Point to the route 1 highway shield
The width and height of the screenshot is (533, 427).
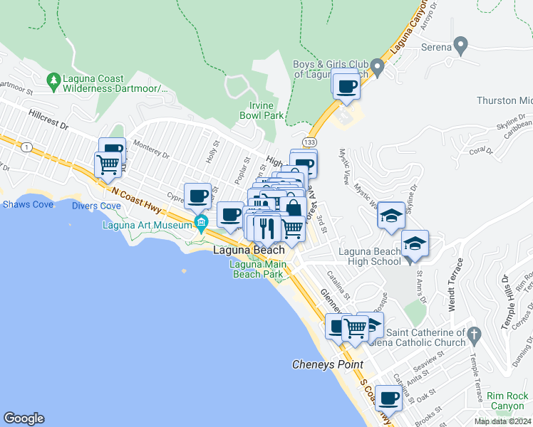point(27,147)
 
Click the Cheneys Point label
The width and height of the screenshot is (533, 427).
point(327,364)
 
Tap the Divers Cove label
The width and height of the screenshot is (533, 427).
point(96,206)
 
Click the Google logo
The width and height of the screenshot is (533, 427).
point(24,418)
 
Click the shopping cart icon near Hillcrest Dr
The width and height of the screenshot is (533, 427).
point(108,164)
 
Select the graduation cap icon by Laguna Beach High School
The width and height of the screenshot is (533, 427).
point(415,243)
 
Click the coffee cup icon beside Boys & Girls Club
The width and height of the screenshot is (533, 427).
point(346,86)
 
